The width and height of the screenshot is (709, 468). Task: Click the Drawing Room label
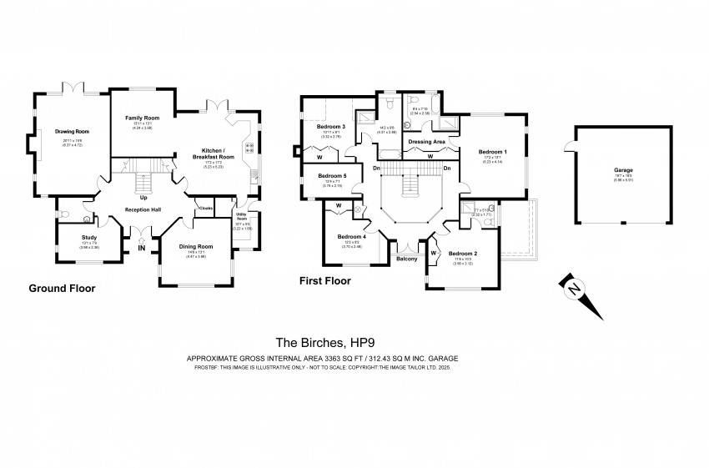click(x=72, y=132)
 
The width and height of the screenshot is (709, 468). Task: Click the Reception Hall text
click(x=142, y=210)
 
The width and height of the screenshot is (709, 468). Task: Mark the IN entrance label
click(x=142, y=248)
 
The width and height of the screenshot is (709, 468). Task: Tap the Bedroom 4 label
click(x=351, y=236)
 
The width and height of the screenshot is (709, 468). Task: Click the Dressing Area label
click(x=425, y=142)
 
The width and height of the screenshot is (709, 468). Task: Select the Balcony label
click(x=407, y=259)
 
